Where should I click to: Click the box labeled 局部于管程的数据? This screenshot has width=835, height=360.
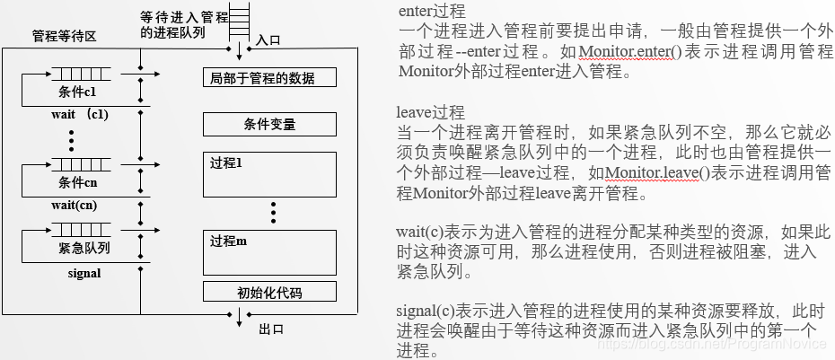click(x=269, y=78)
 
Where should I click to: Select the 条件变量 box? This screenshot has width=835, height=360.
click(x=269, y=123)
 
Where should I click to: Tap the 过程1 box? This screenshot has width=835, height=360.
click(x=269, y=175)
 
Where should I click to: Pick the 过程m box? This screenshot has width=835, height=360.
click(x=269, y=250)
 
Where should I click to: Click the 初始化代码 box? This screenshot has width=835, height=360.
click(x=269, y=293)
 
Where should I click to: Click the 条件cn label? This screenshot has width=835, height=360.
click(x=77, y=182)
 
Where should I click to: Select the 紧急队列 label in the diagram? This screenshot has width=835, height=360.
click(x=77, y=246)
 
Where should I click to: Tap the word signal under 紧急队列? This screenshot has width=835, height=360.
click(x=83, y=271)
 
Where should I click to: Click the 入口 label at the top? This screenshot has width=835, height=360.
click(x=268, y=40)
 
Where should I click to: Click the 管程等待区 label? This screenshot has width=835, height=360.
click(x=64, y=37)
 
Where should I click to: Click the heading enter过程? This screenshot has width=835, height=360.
click(x=431, y=12)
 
